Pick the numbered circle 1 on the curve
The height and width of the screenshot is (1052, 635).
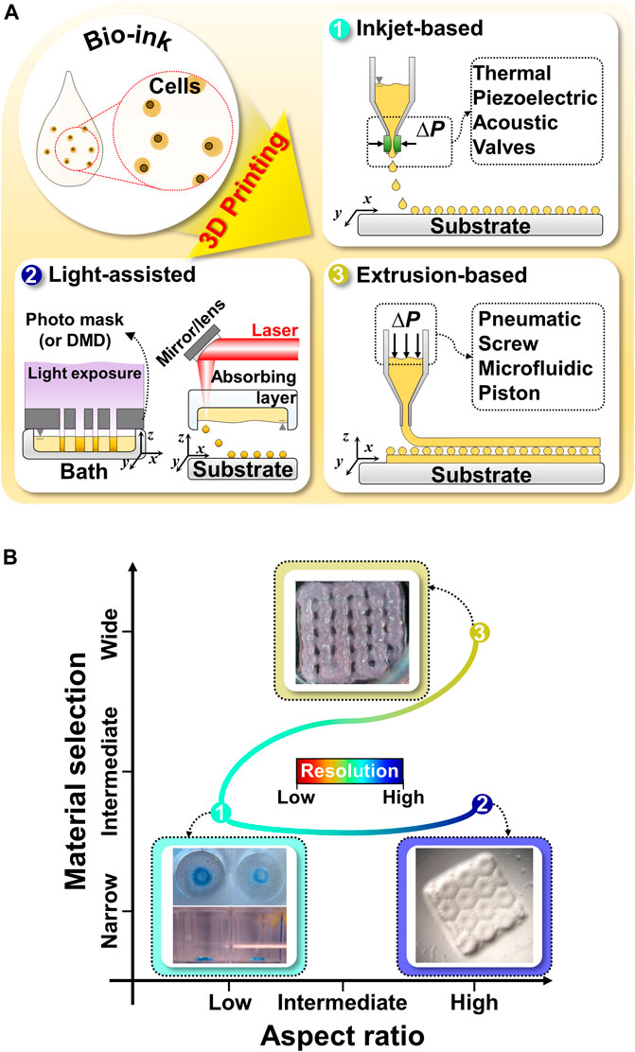tap(220, 812)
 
